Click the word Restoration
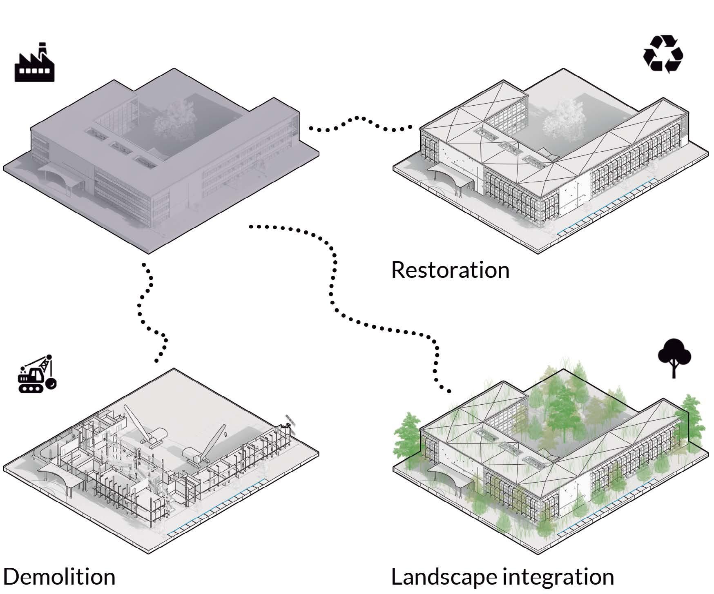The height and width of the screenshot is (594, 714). [450, 270]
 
